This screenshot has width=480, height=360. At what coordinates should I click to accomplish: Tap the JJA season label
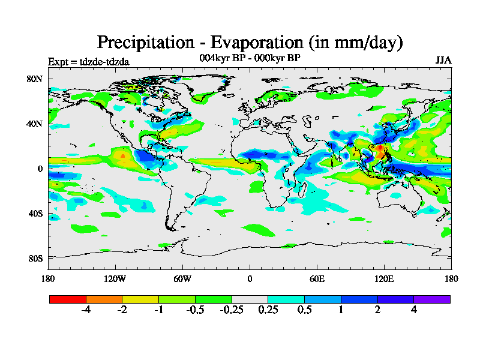point(443,61)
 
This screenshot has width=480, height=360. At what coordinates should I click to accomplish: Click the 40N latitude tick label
point(34,124)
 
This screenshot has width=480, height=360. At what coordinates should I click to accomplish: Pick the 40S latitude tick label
point(34,214)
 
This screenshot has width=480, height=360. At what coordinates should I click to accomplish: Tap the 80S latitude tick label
point(34,258)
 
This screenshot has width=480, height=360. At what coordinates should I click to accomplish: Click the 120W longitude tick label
point(115,278)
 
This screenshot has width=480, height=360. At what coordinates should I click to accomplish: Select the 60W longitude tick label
point(182,278)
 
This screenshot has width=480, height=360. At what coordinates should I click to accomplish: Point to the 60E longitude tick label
point(317,278)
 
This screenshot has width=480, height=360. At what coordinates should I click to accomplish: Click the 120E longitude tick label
point(384,278)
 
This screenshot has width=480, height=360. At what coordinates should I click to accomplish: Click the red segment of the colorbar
point(68,298)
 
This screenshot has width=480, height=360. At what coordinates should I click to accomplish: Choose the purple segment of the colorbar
point(432,298)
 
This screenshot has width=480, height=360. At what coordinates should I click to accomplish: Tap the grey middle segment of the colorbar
point(250,298)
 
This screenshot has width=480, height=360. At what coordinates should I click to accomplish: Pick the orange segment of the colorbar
point(104,298)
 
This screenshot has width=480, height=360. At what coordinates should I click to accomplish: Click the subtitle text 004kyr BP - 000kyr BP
point(250,58)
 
